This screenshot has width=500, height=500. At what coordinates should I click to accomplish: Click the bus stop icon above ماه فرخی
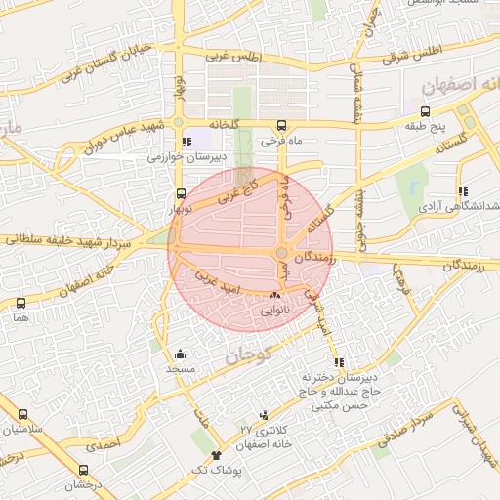point(281,126)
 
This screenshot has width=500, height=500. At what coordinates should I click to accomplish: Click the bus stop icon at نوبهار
point(180,194)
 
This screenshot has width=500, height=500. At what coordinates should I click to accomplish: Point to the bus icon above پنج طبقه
point(426,112)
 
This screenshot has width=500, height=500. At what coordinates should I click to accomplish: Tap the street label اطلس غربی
point(236,58)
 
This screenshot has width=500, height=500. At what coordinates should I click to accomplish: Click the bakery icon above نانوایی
point(273,295)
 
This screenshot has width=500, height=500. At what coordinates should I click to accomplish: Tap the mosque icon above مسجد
point(180,354)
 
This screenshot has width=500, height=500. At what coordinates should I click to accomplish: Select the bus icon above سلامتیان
point(22,414)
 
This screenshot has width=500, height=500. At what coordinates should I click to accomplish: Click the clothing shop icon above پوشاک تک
point(216,455)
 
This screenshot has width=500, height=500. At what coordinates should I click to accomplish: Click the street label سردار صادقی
point(407,421)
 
